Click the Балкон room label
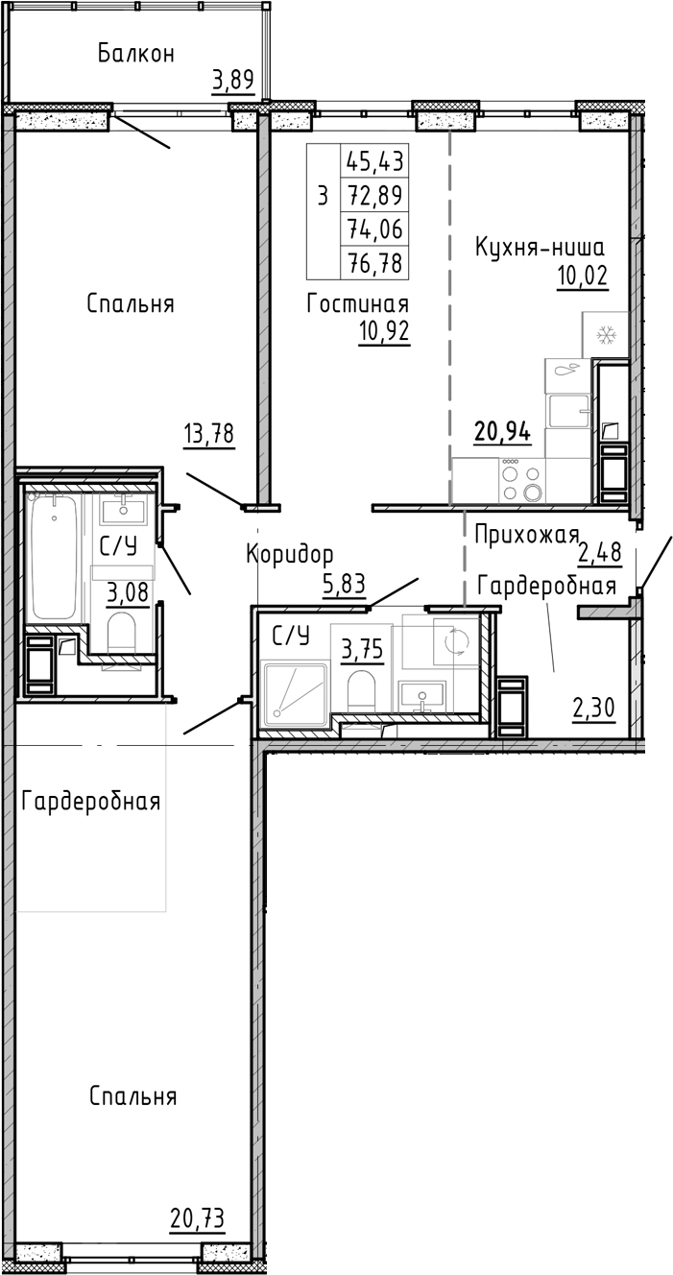[x=136, y=54]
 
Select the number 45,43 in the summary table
[x=375, y=159]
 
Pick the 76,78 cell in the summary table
[x=375, y=262]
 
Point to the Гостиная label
[x=358, y=304]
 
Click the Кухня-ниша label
[x=540, y=248]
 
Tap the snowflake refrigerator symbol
[x=606, y=335]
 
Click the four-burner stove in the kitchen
[x=521, y=480]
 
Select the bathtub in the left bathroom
[x=53, y=557]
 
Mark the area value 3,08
[x=128, y=592]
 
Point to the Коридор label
[x=289, y=554]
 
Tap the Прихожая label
[x=527, y=535]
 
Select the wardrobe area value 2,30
[x=592, y=710]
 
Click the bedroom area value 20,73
[x=197, y=1218]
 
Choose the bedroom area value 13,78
[x=208, y=434]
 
